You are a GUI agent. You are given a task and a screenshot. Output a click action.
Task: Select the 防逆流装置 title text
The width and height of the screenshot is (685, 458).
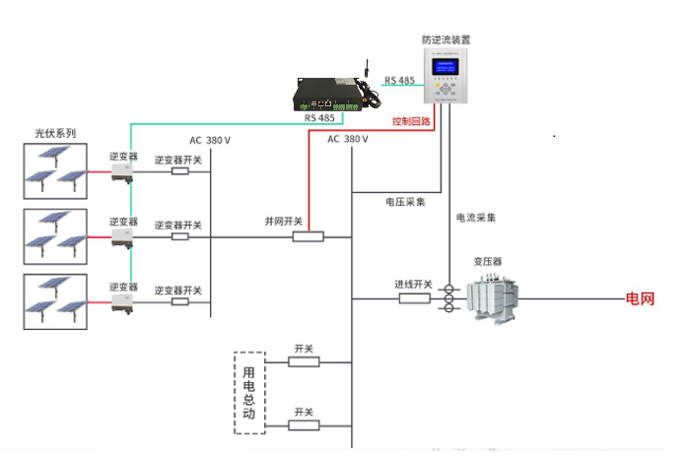tap(445, 40)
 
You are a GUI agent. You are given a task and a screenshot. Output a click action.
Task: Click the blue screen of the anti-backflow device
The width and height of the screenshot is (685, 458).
tap(446, 66)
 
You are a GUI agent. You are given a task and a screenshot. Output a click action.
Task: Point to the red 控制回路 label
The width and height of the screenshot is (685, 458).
tap(411, 121)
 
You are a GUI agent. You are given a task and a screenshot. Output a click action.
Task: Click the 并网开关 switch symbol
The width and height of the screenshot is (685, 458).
tap(308, 236)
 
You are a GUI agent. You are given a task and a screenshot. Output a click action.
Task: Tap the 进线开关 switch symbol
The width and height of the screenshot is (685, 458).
tap(414, 297)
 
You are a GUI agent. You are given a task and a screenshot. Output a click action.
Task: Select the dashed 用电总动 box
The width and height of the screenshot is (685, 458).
tap(250, 392)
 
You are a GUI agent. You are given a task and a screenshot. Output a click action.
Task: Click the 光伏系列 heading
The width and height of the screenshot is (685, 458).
tap(55, 133)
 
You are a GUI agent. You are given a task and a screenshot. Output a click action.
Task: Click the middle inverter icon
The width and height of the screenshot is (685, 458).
tap(123, 237)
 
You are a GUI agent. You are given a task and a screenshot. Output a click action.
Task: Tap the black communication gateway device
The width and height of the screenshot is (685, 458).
tap(332, 95)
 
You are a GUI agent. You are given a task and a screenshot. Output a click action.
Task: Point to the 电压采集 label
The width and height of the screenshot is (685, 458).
tap(405, 202)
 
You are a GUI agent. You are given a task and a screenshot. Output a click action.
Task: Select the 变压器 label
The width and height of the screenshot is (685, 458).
tap(488, 262)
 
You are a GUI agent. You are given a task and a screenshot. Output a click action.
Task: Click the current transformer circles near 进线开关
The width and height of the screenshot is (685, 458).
tap(448, 297)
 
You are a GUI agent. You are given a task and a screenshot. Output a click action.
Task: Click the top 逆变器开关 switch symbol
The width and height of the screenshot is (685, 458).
tap(180, 171)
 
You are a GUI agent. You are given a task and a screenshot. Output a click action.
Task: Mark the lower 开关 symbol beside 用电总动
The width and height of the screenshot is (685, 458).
tap(304, 426)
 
